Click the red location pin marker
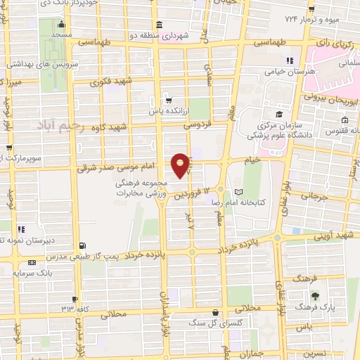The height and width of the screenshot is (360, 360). [x=181, y=165]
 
